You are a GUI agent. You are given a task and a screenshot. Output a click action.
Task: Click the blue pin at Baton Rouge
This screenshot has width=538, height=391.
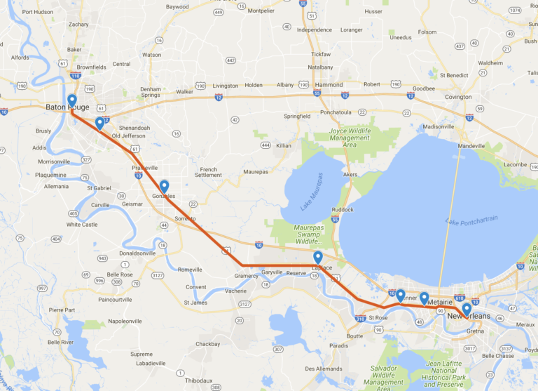pos(71,101)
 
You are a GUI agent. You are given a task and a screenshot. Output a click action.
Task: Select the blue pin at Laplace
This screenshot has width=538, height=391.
pos(318,258)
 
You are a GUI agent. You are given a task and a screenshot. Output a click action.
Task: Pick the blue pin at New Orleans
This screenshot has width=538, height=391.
pos(467,309)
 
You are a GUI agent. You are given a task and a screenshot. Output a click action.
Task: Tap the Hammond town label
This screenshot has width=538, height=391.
pos(329,85)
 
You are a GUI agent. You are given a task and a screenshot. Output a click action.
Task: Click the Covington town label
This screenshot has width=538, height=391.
pos(458,97)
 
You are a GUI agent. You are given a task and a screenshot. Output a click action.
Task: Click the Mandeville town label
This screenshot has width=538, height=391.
pos(471,145)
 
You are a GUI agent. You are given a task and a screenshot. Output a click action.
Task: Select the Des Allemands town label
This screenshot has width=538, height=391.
pos(324,369)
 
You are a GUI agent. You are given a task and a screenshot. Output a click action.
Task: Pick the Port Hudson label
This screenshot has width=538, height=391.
pos(37,12)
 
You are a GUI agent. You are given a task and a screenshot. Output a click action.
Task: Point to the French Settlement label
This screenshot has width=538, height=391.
pos(209,172)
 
